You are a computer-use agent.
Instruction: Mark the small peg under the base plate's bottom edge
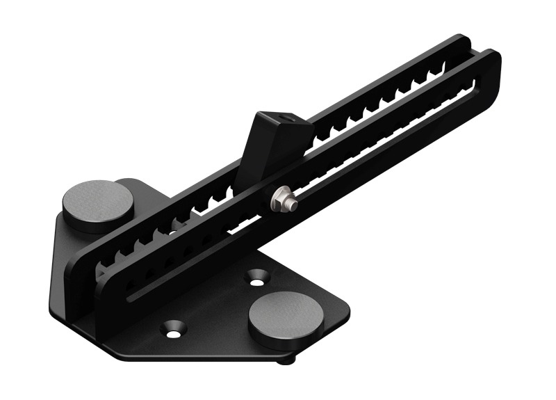tap(285, 360)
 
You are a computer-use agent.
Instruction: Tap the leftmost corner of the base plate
tap(53, 306)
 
